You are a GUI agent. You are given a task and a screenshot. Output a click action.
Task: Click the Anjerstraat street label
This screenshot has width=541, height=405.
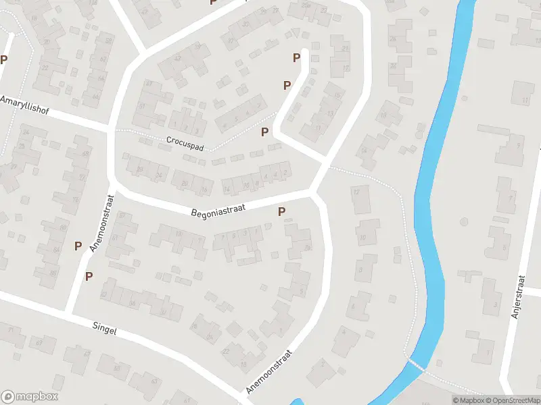tap(519, 297)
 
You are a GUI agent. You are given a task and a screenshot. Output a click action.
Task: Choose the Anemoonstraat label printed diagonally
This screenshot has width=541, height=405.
tap(269, 371)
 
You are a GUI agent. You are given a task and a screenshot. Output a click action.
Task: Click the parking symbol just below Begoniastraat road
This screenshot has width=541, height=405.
tap(282, 212)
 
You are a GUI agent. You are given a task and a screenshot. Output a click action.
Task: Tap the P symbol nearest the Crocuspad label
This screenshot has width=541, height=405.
tap(264, 132)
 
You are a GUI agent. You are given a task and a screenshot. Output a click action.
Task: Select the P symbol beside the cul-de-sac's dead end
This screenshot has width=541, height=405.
tap(296, 58)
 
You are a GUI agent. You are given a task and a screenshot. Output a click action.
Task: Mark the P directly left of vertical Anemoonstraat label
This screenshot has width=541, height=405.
tap(78, 246)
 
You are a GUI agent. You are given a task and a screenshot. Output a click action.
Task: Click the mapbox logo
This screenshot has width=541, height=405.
tap(30, 397)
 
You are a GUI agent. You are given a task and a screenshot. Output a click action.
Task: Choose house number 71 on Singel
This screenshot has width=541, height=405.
tap(11, 329)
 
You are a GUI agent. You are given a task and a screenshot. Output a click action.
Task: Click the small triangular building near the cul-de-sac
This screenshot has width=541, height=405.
tap(296, 33)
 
